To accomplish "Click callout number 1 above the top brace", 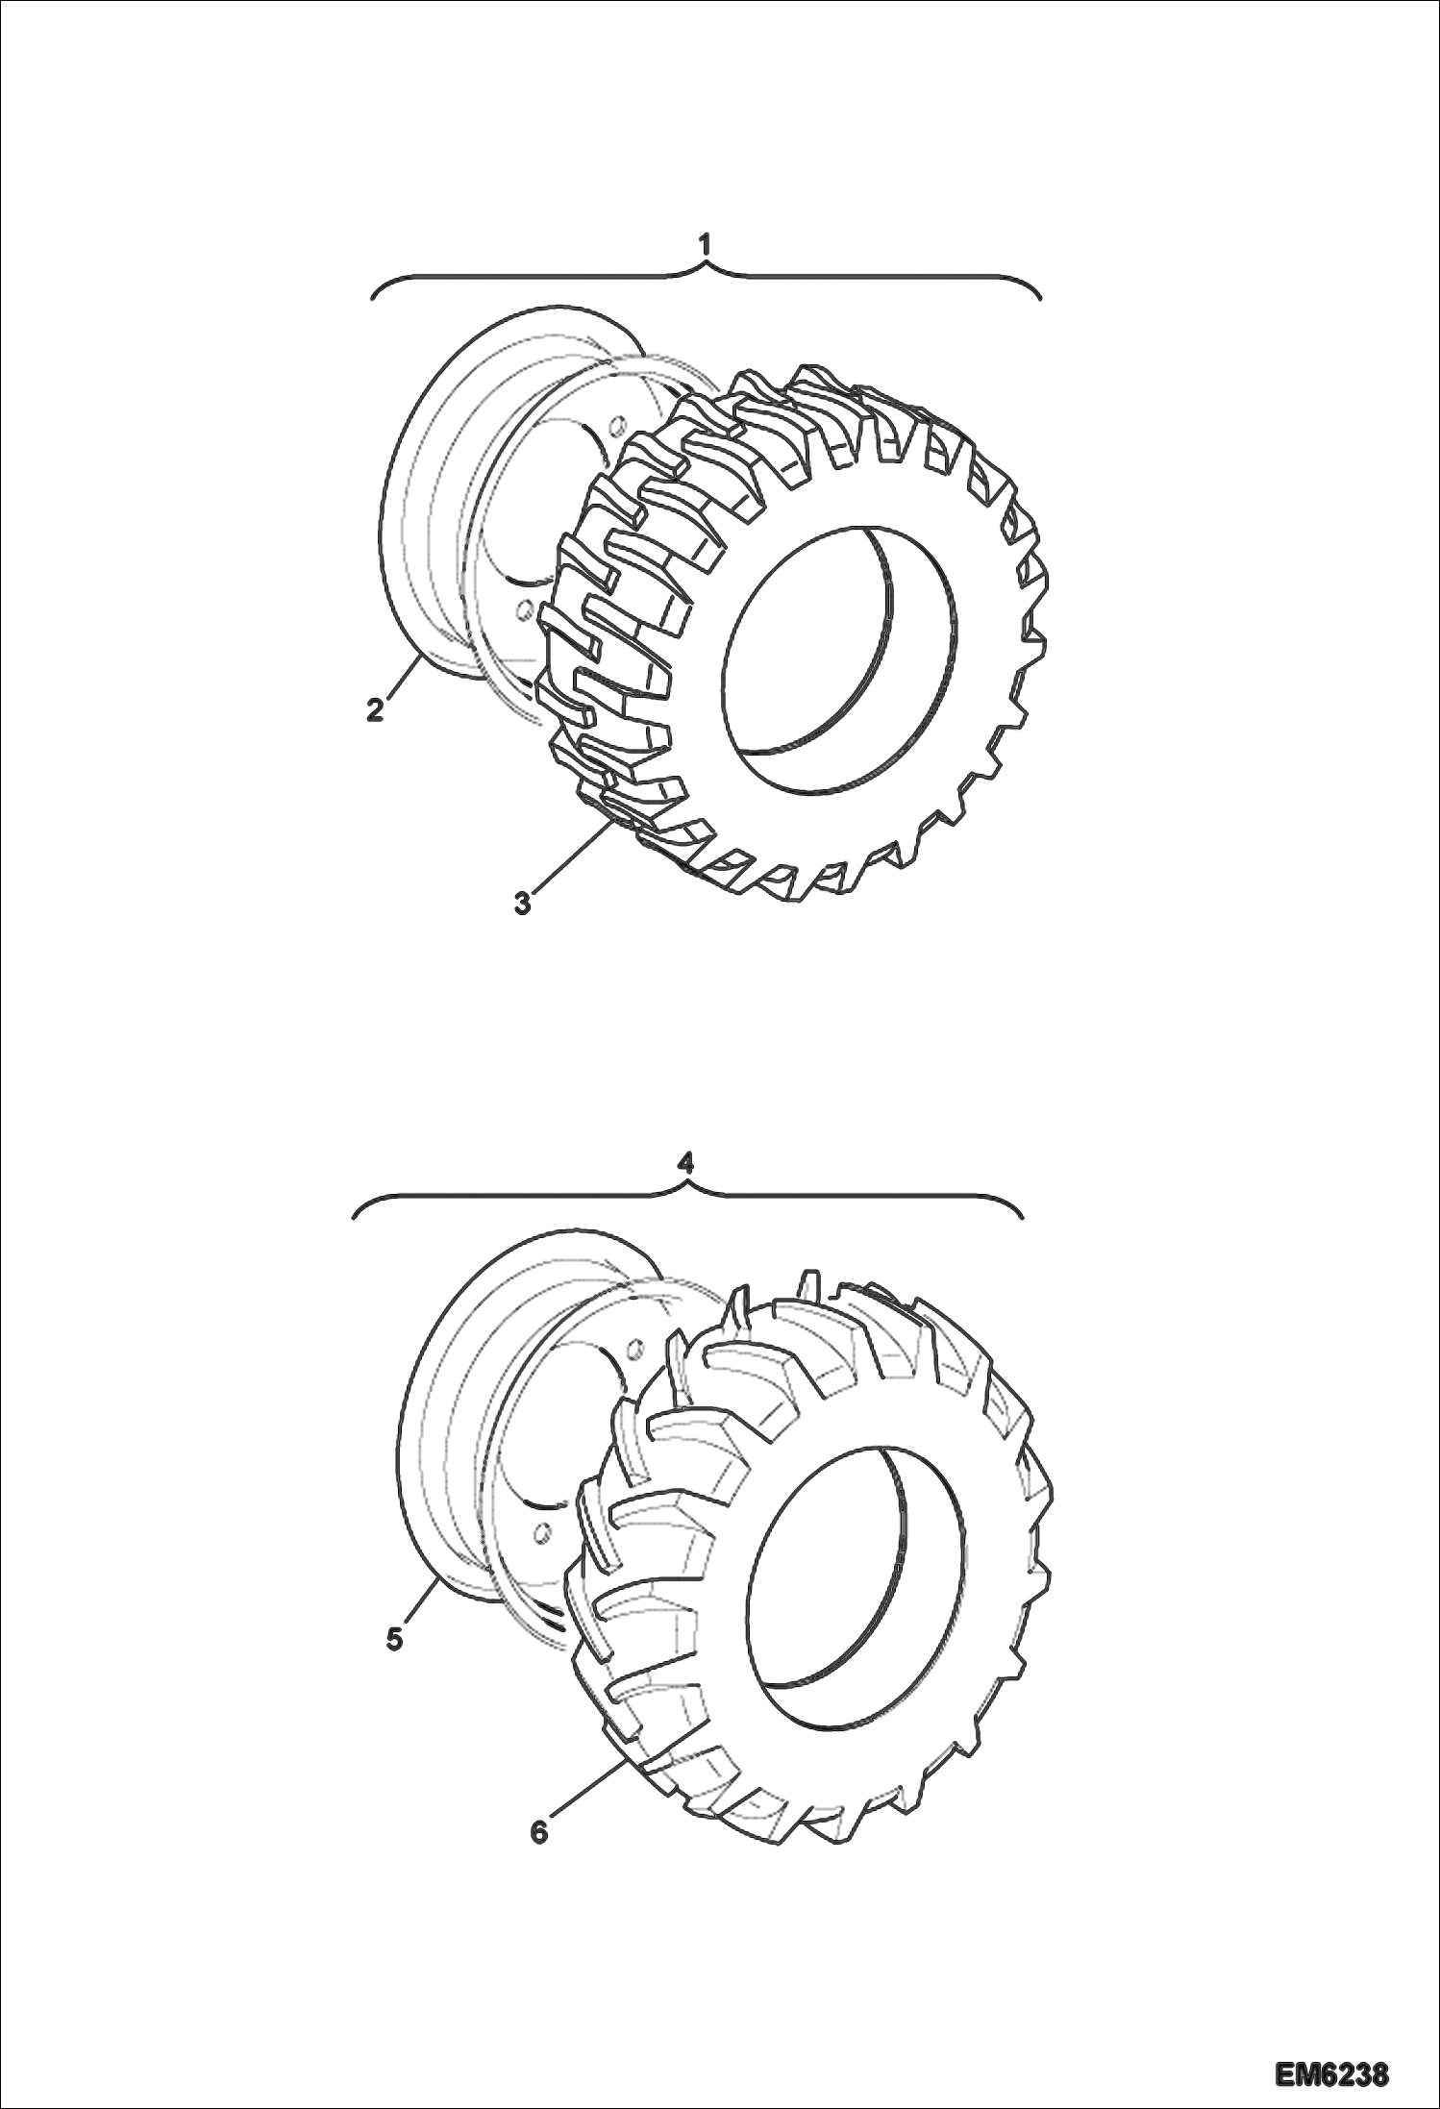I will pos(707,245).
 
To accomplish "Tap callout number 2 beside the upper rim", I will pos(375,710).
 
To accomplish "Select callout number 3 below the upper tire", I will pos(523,904).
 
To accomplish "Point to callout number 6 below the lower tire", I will pos(539,1832).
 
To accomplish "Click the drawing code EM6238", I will pos(1332,2072).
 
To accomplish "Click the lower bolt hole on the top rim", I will pos(526,608).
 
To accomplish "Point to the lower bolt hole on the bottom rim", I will pos(541,1530).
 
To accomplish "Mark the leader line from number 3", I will pos(567,858).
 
